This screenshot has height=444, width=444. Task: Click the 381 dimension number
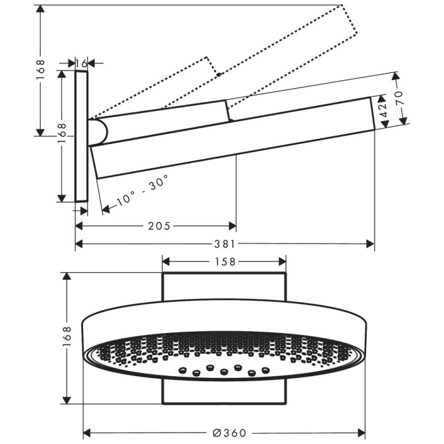point(226,244)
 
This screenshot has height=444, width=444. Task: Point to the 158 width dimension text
point(224,261)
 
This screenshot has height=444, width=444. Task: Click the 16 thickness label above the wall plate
point(81,63)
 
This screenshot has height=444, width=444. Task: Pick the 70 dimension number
point(398,98)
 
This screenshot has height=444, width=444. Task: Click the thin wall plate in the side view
point(81,136)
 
